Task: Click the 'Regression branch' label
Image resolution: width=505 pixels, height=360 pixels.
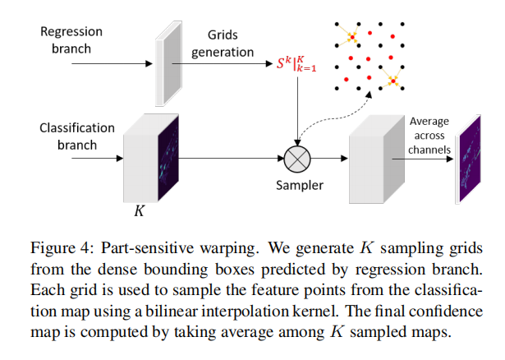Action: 71,39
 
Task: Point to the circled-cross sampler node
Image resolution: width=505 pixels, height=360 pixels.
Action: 296,157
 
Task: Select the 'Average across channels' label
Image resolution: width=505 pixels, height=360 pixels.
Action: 429,136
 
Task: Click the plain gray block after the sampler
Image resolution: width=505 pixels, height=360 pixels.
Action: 374,160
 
